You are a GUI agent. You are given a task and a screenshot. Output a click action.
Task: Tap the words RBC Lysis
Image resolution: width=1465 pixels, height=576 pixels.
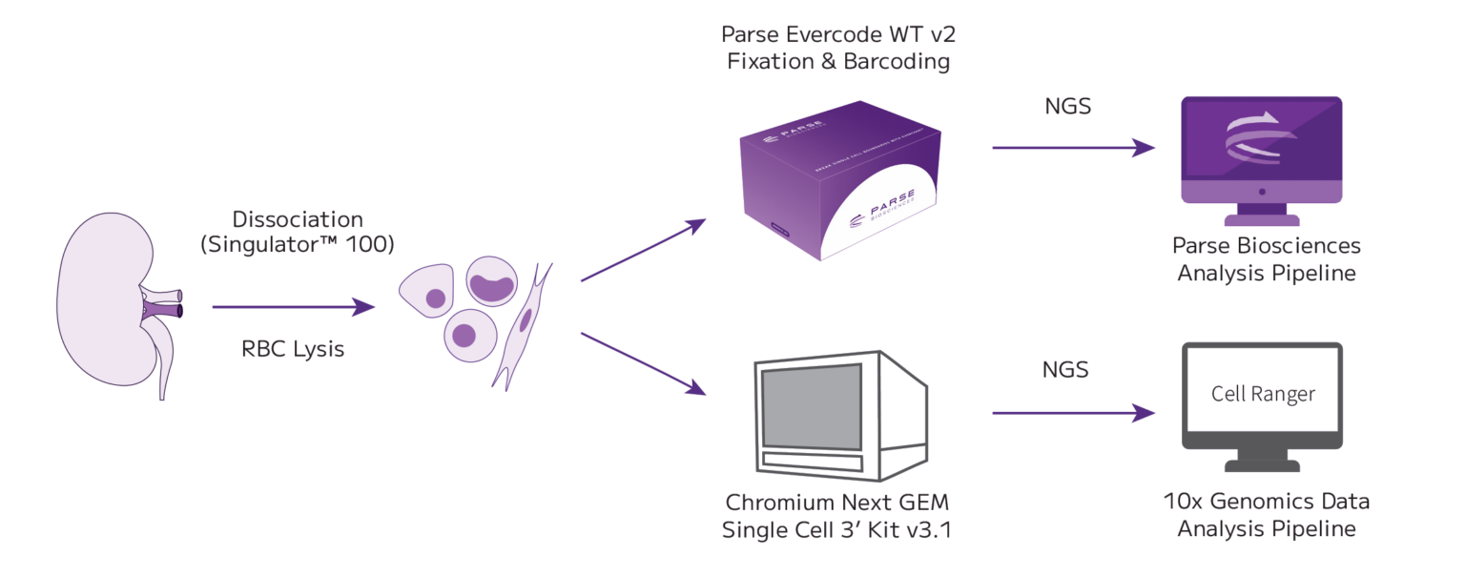point(292,349)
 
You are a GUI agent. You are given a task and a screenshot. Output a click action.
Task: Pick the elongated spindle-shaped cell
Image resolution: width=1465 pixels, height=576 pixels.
point(523,324)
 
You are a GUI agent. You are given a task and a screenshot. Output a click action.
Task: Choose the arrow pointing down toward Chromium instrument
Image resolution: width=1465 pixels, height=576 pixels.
point(644,362)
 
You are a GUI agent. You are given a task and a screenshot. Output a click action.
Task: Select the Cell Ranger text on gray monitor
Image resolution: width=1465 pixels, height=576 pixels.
point(1263,394)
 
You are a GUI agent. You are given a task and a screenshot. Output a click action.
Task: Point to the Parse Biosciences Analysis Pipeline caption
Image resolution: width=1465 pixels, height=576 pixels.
point(1266,259)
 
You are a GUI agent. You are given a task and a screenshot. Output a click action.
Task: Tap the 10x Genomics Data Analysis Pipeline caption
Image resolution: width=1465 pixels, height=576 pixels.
point(1266,514)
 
